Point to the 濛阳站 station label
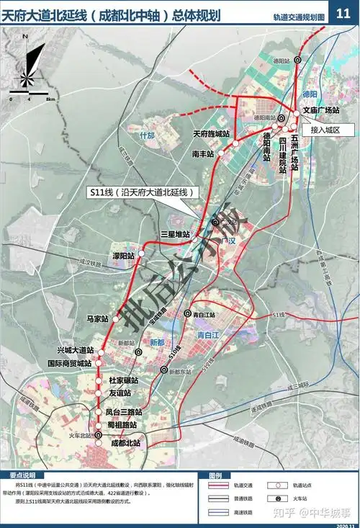pyautogui.click(x=124, y=256)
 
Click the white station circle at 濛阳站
pyautogui.click(x=141, y=255)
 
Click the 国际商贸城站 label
pyautogui.click(x=70, y=364)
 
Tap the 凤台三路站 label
pyautogui.click(x=123, y=412)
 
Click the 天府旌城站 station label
pyautogui.click(x=211, y=134)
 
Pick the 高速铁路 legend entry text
pyautogui.click(x=242, y=513)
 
